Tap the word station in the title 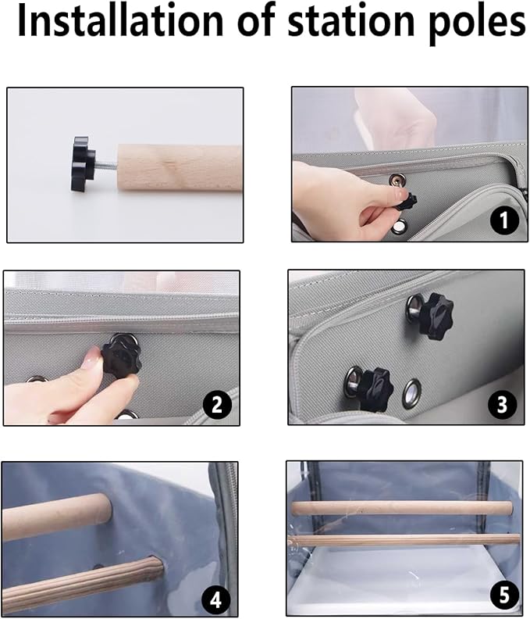tap(349, 22)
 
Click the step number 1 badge tap(505, 220)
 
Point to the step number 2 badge tap(217, 404)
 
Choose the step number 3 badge tap(502, 404)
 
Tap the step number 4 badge tap(215, 600)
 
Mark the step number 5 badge tap(504, 595)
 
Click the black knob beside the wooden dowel tap(84, 163)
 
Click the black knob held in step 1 tap(406, 202)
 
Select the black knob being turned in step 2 tap(121, 357)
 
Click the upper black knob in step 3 tap(436, 311)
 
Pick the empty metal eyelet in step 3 tap(412, 393)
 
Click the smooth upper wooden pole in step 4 tap(57, 516)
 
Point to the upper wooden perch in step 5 tap(402, 508)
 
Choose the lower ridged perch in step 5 tap(404, 539)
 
